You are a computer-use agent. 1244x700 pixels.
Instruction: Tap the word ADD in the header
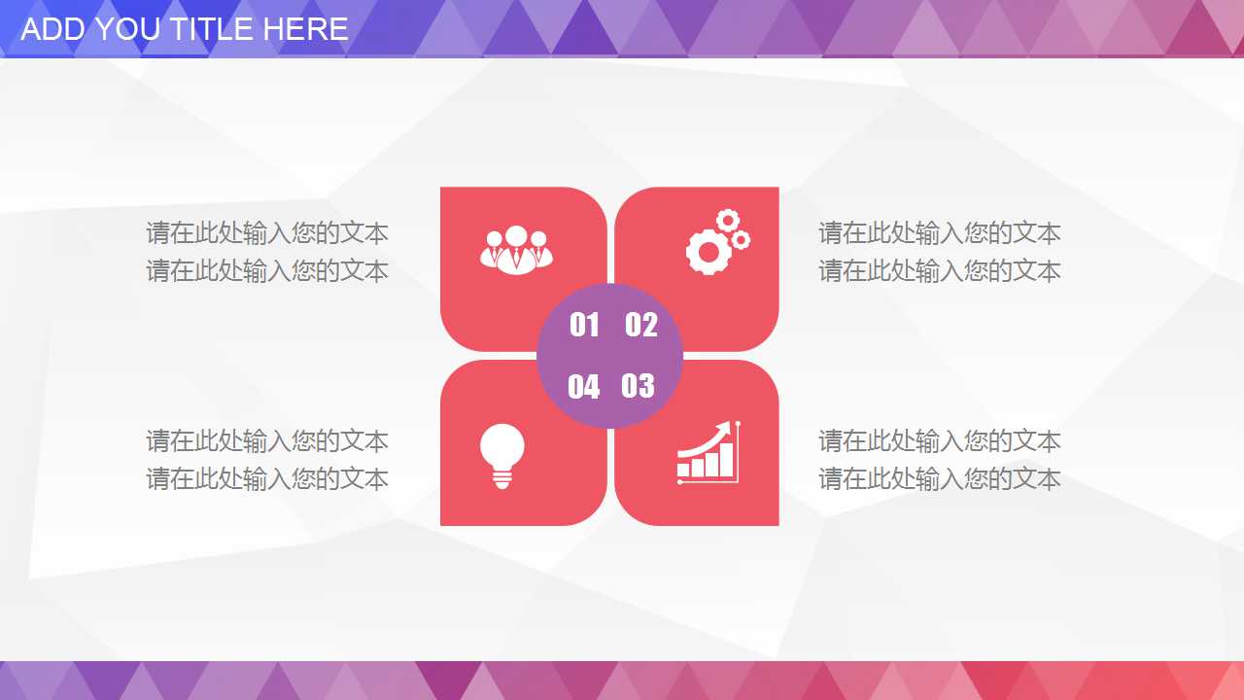tap(50, 29)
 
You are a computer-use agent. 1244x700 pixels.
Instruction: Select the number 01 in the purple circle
tap(584, 325)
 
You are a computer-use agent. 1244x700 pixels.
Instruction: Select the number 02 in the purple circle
tap(640, 325)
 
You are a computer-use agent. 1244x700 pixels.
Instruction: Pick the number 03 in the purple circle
tap(638, 386)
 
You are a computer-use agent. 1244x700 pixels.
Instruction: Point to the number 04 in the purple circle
tap(583, 387)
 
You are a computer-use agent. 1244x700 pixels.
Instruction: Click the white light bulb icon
tap(501, 454)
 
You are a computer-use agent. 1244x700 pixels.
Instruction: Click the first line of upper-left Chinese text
tap(267, 233)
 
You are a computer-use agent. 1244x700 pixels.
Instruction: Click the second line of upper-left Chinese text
tap(267, 271)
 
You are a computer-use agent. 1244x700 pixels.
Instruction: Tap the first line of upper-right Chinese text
tap(939, 233)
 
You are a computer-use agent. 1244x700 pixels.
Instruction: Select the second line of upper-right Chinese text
tap(939, 271)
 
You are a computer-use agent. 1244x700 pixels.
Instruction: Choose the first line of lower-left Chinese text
tap(267, 441)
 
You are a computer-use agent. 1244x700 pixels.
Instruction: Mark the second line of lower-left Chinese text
tap(267, 479)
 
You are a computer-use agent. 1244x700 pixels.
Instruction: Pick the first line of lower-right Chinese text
tap(939, 441)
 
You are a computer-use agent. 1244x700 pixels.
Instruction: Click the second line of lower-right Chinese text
tap(939, 479)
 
